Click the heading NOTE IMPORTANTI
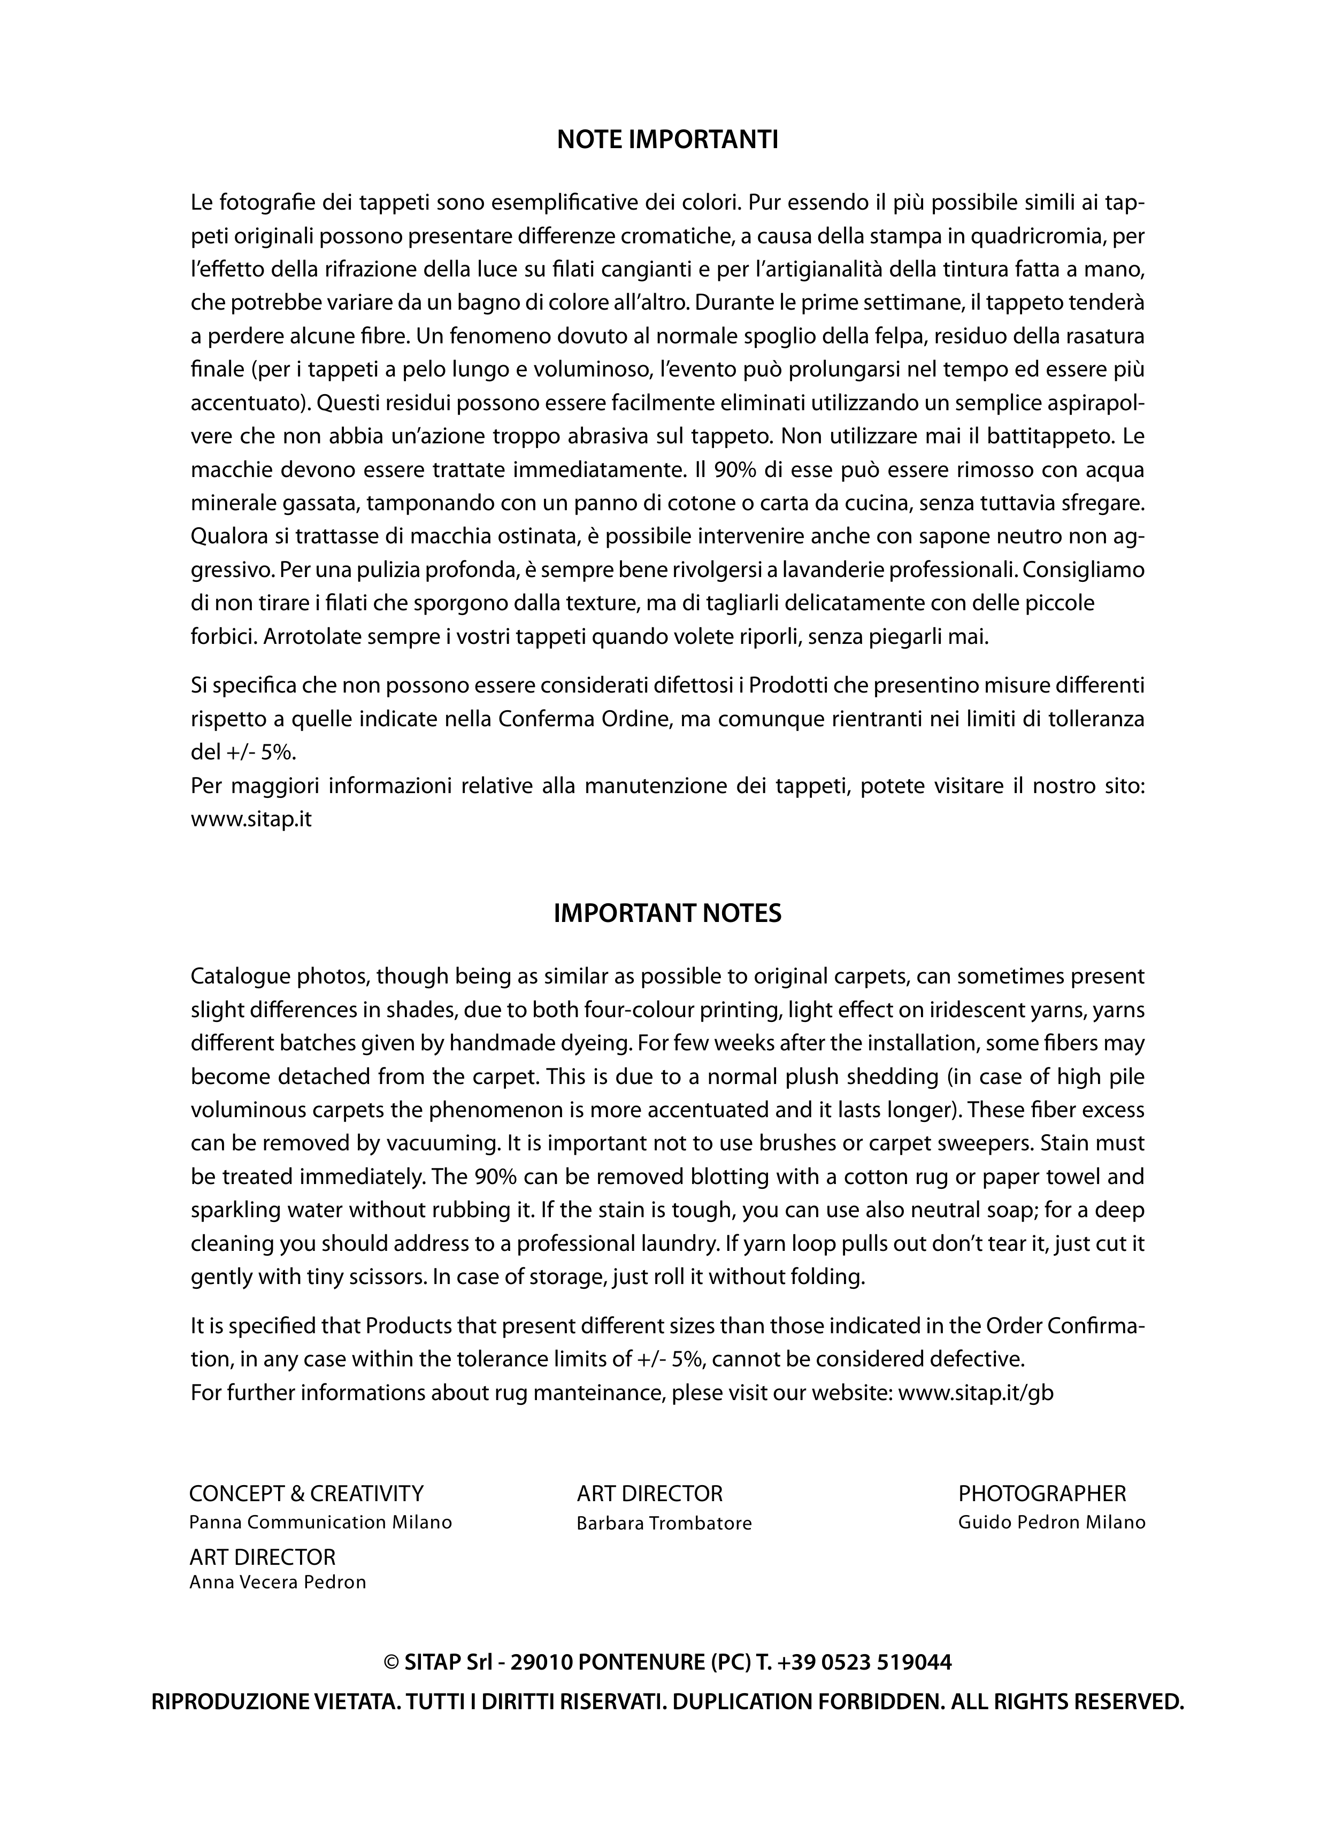[x=667, y=140]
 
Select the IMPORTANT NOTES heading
[x=667, y=913]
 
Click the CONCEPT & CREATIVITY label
[x=306, y=1494]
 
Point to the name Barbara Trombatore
[x=664, y=1524]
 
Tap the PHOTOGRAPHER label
[x=1042, y=1494]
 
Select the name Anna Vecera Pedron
[x=278, y=1582]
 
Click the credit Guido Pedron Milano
[x=1051, y=1523]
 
